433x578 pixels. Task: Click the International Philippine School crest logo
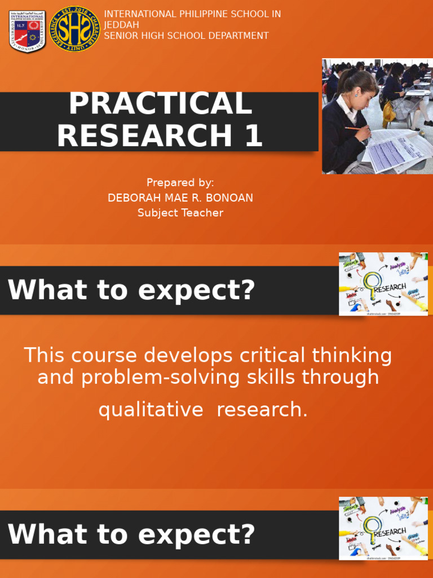coord(27,32)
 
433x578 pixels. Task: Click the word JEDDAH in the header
coord(121,25)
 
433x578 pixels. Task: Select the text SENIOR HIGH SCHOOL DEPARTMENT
coord(186,36)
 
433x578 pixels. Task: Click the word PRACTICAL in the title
coord(160,104)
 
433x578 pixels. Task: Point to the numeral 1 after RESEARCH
coord(252,136)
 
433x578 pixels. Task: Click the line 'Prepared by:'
coord(180,182)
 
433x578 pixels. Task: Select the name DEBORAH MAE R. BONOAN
coord(180,198)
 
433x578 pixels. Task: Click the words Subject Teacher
coord(180,213)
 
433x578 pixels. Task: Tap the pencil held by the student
coord(355,128)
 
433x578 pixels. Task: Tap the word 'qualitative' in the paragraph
coord(151,410)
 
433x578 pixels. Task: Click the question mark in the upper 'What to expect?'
coord(246,291)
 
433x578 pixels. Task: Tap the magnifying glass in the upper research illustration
coord(372,282)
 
